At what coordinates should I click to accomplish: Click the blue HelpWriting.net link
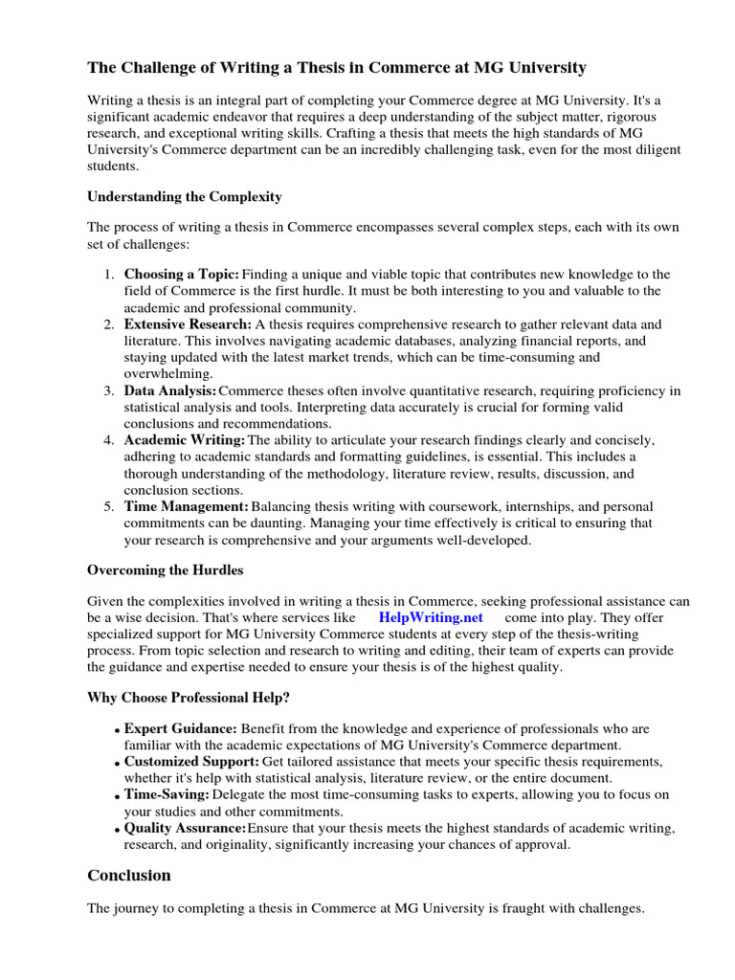(431, 617)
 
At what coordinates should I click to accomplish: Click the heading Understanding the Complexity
(185, 196)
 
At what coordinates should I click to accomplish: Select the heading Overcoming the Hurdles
(166, 569)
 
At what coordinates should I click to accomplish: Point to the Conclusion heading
(129, 875)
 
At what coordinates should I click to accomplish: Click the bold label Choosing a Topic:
(182, 274)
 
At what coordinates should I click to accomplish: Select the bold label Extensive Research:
(188, 324)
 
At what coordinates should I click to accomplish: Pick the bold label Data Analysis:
(170, 390)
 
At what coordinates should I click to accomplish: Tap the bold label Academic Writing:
(185, 439)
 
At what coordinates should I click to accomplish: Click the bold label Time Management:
(187, 505)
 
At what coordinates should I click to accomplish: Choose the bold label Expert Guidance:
(181, 728)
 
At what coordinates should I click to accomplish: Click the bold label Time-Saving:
(167, 794)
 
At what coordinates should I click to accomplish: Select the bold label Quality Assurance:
(185, 827)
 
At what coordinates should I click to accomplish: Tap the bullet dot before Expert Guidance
(118, 731)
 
